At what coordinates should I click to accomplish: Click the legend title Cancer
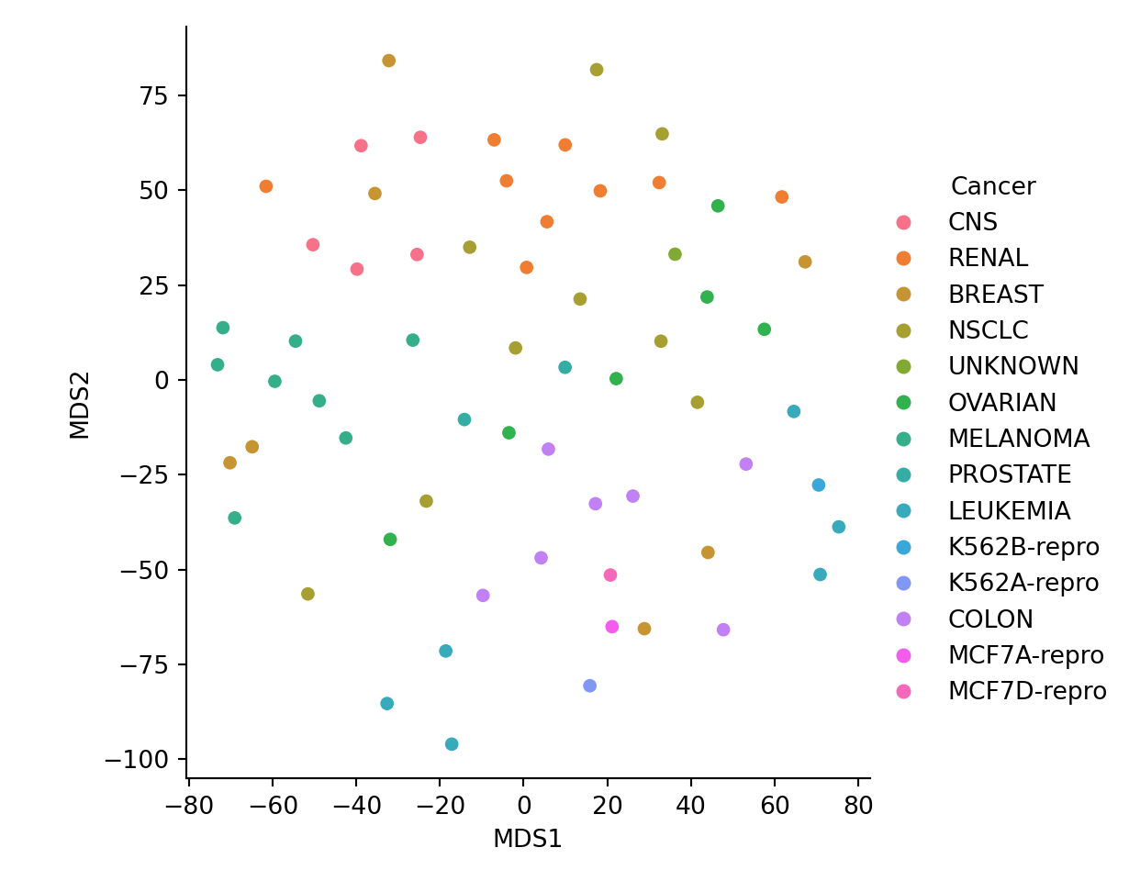pyautogui.click(x=993, y=187)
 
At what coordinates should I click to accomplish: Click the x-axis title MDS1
pyautogui.click(x=527, y=839)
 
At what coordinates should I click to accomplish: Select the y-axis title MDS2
pyautogui.click(x=80, y=405)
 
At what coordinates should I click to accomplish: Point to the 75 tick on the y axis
pyautogui.click(x=151, y=95)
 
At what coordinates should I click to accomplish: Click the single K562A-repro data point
pyautogui.click(x=589, y=686)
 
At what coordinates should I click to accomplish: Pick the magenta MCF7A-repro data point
pyautogui.click(x=612, y=627)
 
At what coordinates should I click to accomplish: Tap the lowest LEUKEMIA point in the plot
pyautogui.click(x=452, y=744)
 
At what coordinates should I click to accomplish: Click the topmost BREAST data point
pyautogui.click(x=388, y=61)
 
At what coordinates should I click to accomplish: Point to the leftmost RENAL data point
pyautogui.click(x=266, y=186)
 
